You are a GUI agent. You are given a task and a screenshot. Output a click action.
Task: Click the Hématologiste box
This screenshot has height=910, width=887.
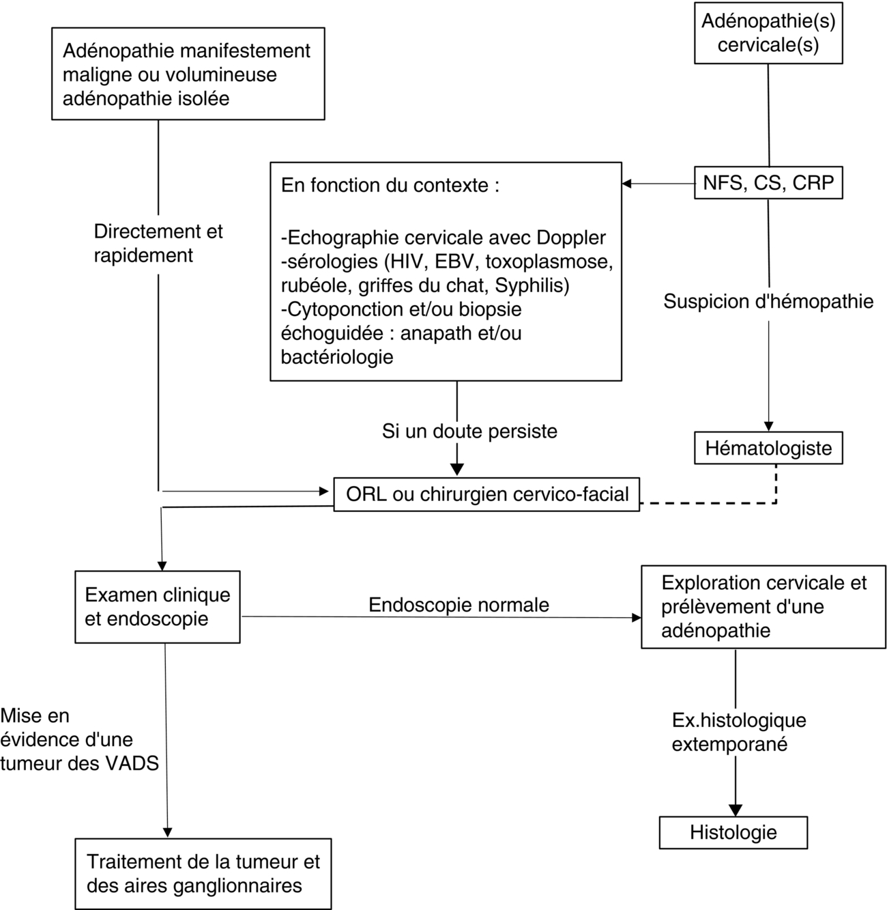tap(768, 449)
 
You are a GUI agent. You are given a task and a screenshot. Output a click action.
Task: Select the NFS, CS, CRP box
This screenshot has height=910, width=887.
tap(768, 183)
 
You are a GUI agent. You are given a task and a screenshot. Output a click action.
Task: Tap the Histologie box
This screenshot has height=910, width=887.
tap(733, 832)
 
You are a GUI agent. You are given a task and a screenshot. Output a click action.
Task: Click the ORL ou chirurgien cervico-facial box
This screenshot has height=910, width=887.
tap(486, 494)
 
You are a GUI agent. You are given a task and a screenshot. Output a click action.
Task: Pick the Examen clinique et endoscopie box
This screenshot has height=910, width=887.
tap(158, 607)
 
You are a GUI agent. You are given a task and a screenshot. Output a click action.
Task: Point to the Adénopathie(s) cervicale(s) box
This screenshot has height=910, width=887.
tap(768, 33)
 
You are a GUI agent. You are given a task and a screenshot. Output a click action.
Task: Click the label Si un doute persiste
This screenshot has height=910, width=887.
tap(469, 431)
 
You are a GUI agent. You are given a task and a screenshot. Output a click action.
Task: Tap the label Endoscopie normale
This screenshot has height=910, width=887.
tap(459, 605)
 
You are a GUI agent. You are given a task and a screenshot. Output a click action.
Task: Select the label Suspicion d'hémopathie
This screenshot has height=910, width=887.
tap(768, 301)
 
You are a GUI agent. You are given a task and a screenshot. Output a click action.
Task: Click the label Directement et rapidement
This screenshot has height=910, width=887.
tap(158, 243)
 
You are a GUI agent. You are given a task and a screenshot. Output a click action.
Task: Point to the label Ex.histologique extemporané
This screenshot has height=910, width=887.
tap(738, 732)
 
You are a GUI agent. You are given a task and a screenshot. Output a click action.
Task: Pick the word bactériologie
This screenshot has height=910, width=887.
tap(337, 356)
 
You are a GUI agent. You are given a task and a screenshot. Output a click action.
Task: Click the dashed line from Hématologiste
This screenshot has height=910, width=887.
tap(710, 504)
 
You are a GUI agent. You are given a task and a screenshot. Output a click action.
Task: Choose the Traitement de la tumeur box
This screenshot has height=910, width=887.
tap(203, 874)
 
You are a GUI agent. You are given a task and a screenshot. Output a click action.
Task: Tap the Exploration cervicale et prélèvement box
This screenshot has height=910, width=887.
tap(763, 607)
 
